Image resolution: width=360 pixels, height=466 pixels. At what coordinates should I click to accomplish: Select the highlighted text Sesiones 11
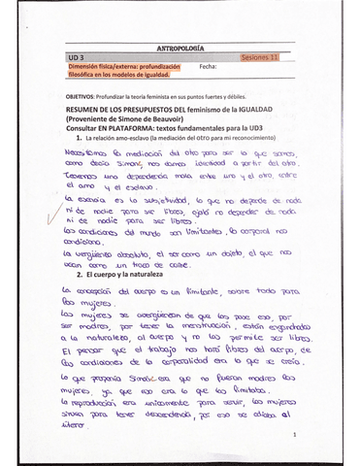point(259,58)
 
